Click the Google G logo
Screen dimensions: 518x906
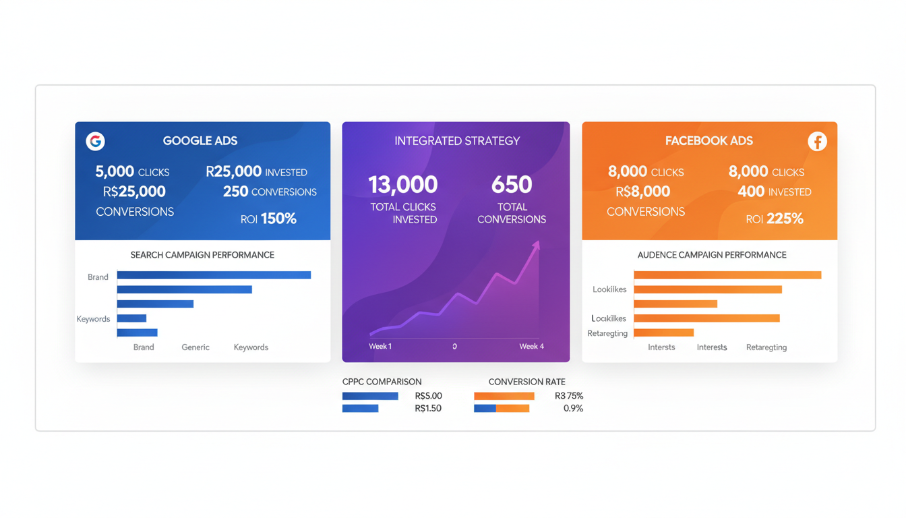[95, 141]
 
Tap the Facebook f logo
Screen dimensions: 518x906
[817, 142]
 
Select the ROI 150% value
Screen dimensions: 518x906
[268, 219]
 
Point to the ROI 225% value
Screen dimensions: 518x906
[775, 219]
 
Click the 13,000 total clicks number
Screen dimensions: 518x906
[403, 184]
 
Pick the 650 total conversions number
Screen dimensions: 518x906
[512, 184]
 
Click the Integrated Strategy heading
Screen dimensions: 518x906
[457, 141]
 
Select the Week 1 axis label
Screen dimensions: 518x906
[380, 347]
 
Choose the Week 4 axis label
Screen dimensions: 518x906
[531, 347]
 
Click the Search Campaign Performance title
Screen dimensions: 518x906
[202, 255]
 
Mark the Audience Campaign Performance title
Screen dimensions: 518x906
[712, 255]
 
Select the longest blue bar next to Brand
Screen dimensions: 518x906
[214, 275]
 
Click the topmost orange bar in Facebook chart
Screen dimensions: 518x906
[727, 275]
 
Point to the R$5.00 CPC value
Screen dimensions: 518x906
[429, 396]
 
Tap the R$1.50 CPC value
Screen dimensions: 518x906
[428, 409]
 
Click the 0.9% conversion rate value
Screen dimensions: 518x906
[573, 409]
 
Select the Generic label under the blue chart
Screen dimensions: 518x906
[195, 347]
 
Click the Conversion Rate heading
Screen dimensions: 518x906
[526, 382]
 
